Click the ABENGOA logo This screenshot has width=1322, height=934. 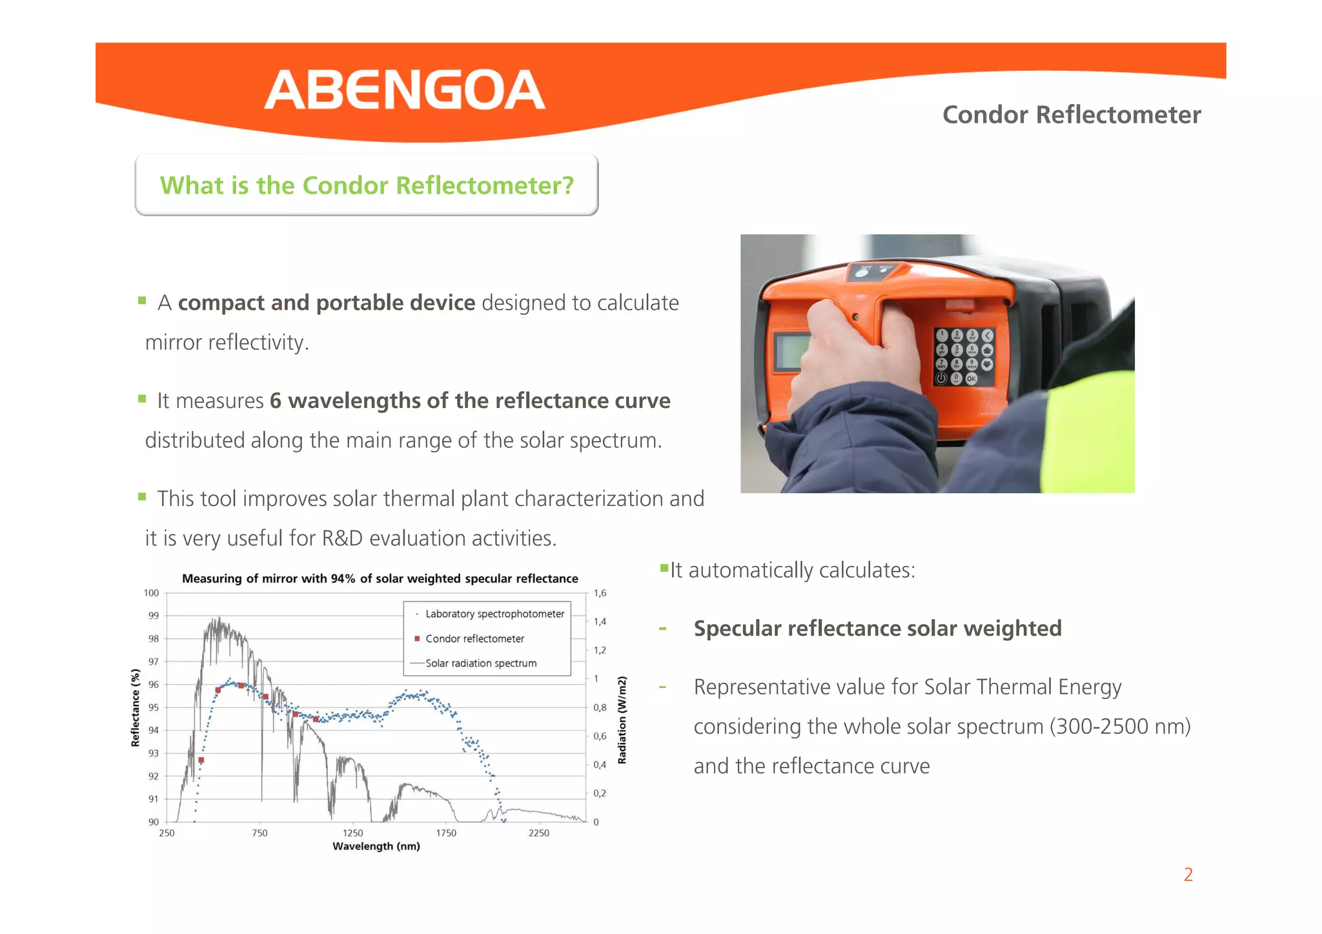405,90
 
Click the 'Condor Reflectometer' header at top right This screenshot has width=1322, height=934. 1071,115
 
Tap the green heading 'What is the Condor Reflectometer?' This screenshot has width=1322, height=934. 367,185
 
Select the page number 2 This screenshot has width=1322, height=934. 1188,875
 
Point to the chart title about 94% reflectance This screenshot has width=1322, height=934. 380,578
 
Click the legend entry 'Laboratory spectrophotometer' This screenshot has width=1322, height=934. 494,614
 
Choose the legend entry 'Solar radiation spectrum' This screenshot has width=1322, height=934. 481,663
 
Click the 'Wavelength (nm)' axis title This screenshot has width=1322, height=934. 376,846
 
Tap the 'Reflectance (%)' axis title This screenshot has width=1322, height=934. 135,707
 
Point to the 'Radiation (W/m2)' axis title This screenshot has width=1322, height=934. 622,720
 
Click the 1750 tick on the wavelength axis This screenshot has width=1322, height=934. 446,833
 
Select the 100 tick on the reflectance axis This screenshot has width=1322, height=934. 151,593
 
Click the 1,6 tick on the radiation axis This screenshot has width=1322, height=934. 600,593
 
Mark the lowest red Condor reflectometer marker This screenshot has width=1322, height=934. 201,760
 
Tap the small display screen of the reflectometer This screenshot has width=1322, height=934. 790,351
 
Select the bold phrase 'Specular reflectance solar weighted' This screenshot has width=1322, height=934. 877,628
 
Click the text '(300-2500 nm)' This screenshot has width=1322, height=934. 1120,726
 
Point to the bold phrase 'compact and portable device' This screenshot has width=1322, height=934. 327,303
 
